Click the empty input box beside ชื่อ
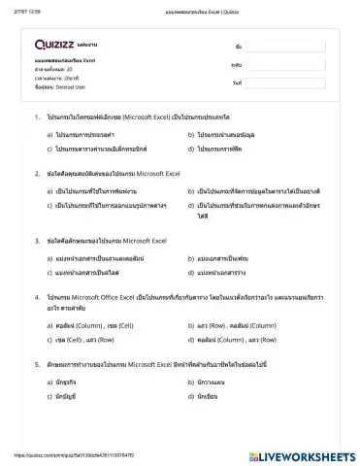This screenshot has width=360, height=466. pos(284,46)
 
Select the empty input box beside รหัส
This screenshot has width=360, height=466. pos(284,64)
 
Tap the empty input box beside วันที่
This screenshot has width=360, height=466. pos(284,83)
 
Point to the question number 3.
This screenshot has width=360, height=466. pos(36,239)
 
